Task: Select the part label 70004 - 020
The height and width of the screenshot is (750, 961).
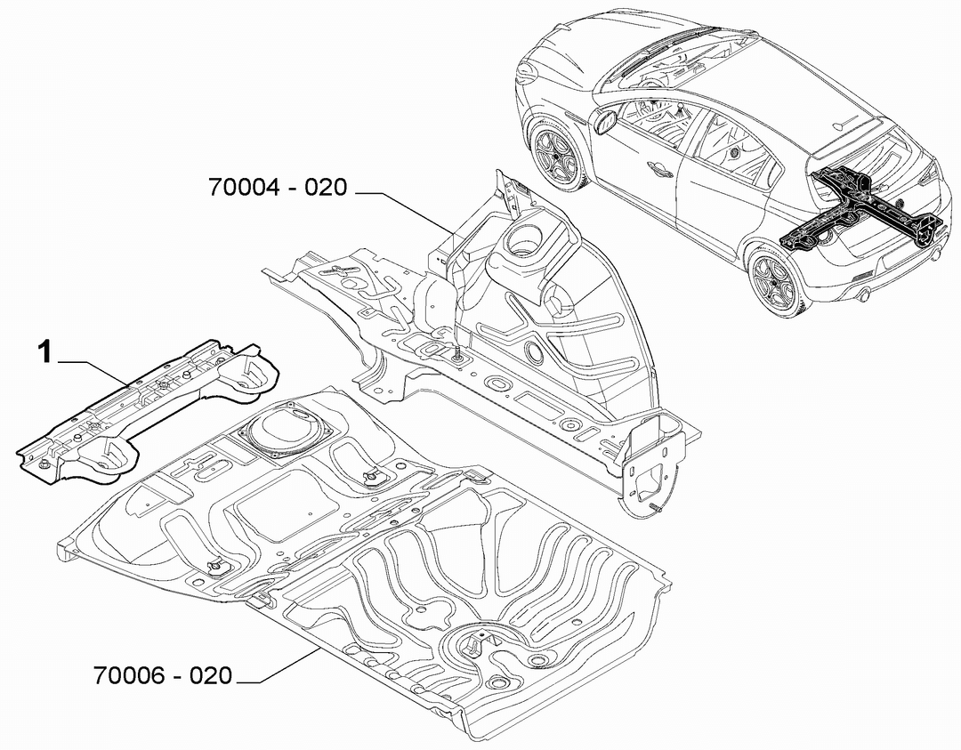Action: click(x=279, y=187)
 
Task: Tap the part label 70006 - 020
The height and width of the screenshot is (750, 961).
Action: click(x=163, y=675)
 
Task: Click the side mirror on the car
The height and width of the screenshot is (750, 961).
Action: click(x=605, y=121)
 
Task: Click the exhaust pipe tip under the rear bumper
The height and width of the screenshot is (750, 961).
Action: click(x=862, y=296)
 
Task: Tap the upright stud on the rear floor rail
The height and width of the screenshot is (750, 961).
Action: click(x=456, y=353)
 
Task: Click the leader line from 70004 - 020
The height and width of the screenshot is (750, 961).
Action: click(x=406, y=212)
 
